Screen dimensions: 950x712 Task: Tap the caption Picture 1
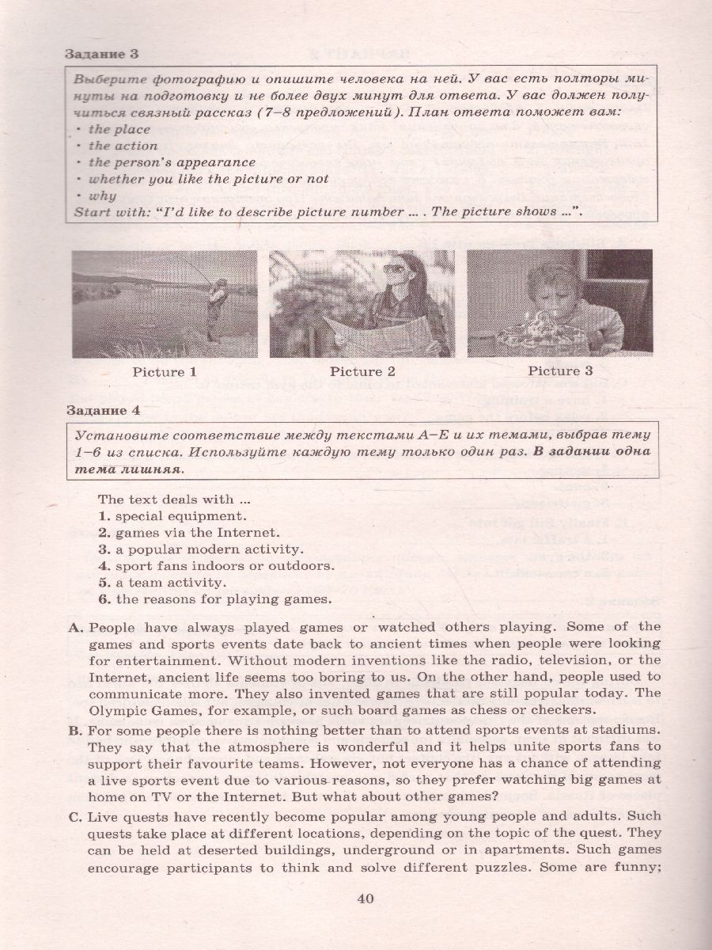(x=165, y=371)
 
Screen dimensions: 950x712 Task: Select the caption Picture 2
(x=362, y=371)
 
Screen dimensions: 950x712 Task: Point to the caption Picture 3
(x=560, y=370)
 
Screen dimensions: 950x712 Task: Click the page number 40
(x=365, y=898)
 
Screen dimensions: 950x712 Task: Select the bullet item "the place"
(x=119, y=129)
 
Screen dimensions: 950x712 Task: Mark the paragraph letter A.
(x=76, y=626)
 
